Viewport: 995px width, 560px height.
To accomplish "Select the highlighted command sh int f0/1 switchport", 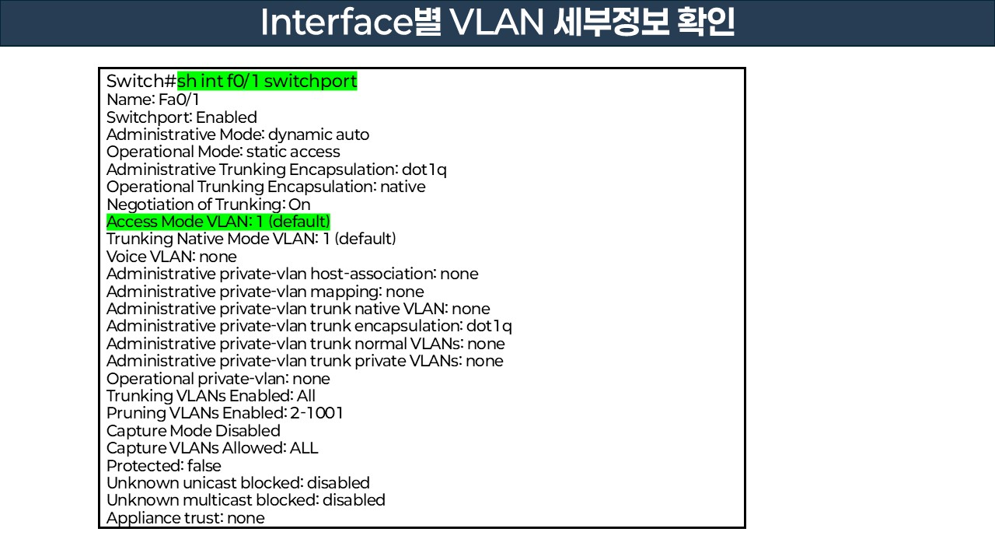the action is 267,82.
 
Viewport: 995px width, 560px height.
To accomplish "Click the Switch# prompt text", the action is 141,82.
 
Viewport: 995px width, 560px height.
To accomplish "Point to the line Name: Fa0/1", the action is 153,100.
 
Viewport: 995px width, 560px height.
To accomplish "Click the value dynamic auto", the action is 319,135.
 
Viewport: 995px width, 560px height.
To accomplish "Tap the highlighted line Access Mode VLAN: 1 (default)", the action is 218,222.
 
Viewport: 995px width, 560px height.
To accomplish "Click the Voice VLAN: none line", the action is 172,257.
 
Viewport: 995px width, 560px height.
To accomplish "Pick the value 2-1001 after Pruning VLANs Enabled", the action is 316,413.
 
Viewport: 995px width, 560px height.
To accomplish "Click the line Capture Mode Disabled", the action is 194,431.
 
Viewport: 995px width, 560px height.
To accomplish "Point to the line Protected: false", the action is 164,466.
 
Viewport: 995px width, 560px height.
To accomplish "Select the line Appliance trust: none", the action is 186,518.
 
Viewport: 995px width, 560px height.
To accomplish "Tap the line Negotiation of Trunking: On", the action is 208,205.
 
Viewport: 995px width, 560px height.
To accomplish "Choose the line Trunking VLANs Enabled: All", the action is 211,396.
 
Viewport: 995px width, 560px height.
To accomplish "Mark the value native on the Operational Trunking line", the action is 403,187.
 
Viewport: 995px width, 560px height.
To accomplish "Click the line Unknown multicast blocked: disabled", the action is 246,500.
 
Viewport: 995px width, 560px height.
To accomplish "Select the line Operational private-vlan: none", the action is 218,379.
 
